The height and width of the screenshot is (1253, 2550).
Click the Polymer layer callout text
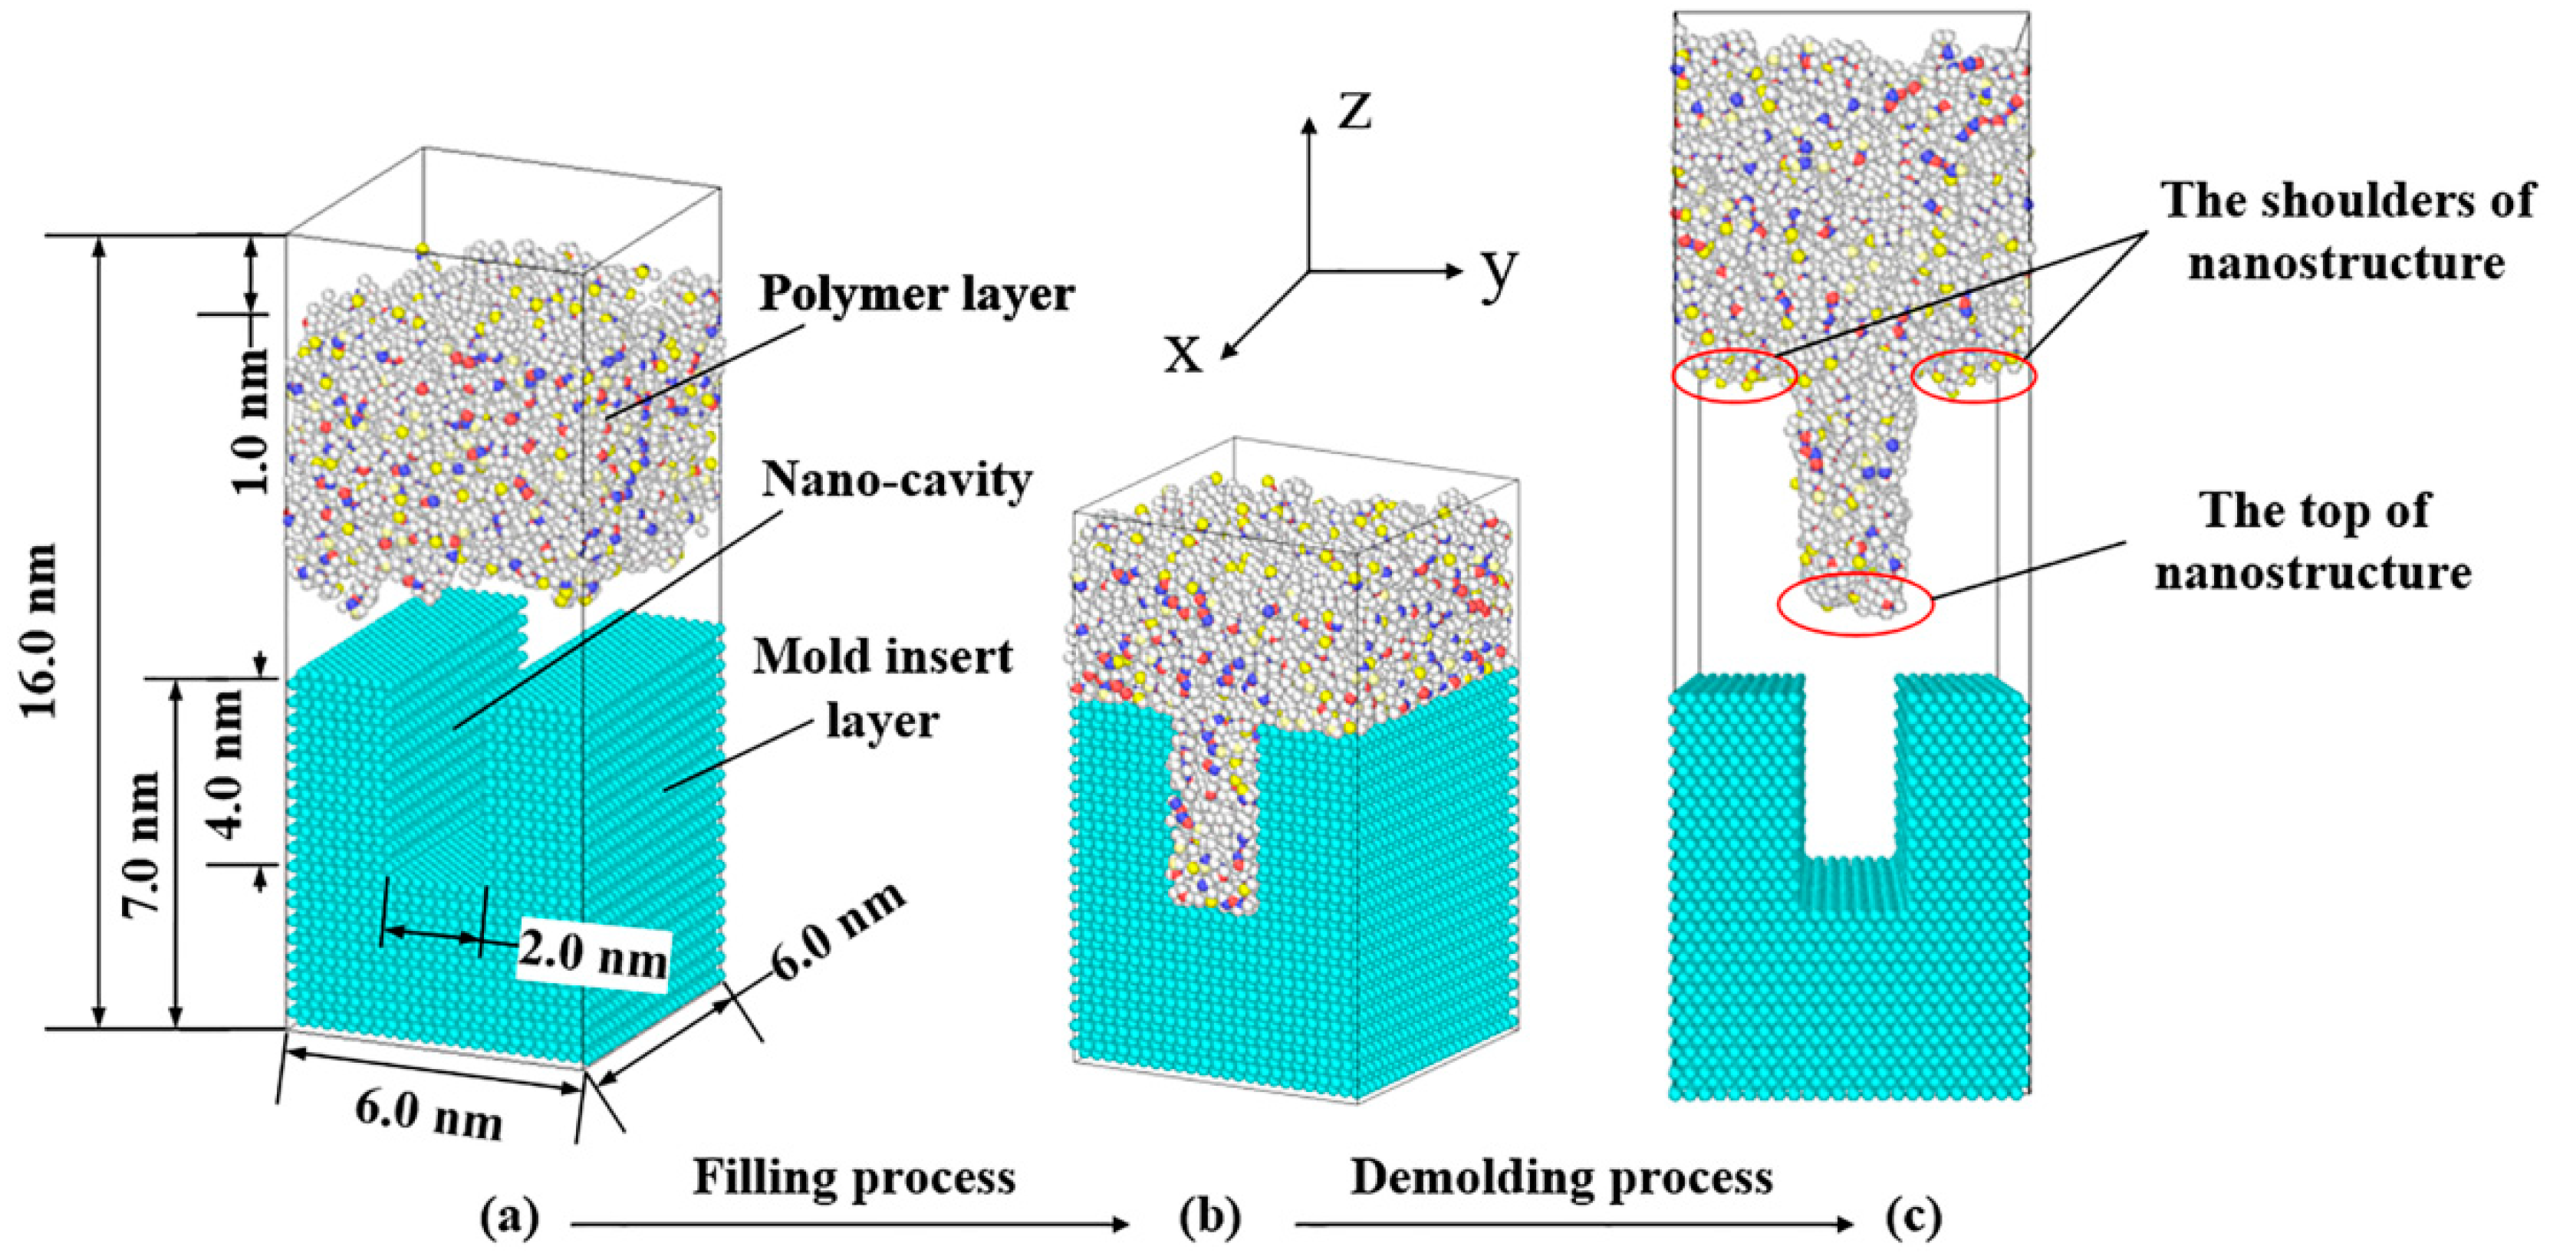click(916, 295)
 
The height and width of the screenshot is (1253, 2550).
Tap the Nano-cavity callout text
click(897, 481)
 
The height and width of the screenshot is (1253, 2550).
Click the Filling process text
click(854, 1178)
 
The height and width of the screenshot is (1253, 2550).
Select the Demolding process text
click(1561, 1178)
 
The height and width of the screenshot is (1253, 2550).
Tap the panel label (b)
click(1209, 1218)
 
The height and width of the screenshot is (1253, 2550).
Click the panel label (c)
click(1910, 1218)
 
